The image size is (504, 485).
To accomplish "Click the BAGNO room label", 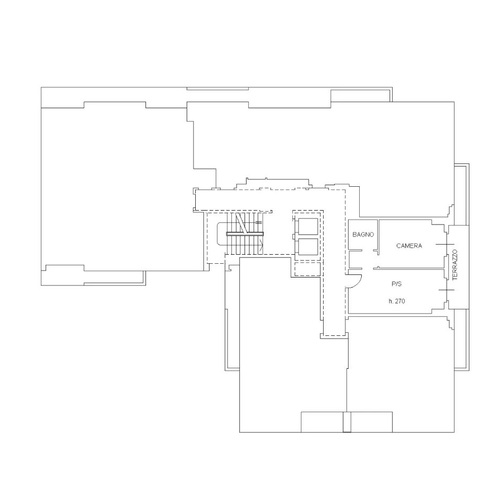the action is (x=363, y=235).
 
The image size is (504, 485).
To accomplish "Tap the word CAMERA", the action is (x=409, y=246).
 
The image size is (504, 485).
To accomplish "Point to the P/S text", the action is (x=397, y=284).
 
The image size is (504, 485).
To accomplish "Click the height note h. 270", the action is (x=397, y=301).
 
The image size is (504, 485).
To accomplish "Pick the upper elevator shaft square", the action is (x=308, y=226).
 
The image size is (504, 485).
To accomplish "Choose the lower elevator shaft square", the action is (x=308, y=247).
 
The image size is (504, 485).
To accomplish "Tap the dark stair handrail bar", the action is (x=245, y=234).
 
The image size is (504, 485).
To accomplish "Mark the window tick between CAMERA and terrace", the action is (x=445, y=244).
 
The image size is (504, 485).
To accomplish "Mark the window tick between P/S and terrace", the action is (x=447, y=290).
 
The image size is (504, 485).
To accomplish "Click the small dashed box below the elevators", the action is (x=308, y=269).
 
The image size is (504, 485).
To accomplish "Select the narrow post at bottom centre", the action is (x=347, y=422).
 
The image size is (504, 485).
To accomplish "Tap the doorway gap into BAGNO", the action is (x=368, y=250).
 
